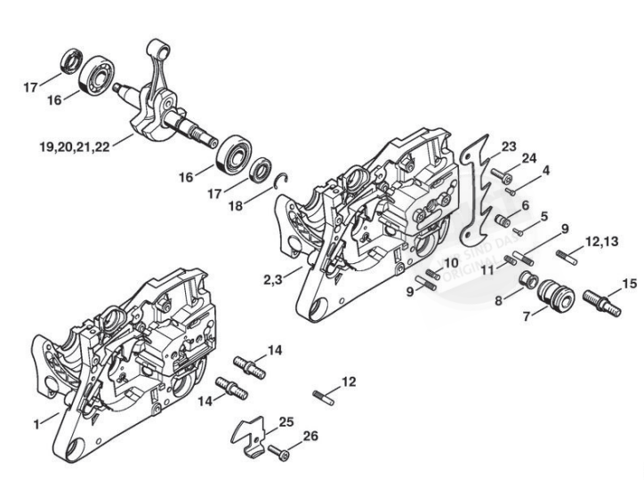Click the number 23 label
pyautogui.click(x=508, y=146)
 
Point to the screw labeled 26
pyautogui.click(x=278, y=453)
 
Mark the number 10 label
pyautogui.click(x=451, y=264)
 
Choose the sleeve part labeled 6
pyautogui.click(x=503, y=219)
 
